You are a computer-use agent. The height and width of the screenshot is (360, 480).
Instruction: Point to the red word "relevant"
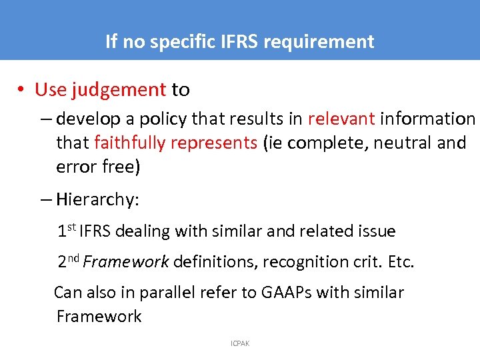pyautogui.click(x=341, y=119)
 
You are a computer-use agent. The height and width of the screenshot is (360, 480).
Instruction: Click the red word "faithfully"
pyautogui.click(x=129, y=143)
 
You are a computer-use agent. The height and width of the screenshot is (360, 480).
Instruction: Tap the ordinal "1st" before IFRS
pyautogui.click(x=67, y=231)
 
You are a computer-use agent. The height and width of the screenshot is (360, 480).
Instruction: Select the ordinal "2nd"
pyautogui.click(x=69, y=261)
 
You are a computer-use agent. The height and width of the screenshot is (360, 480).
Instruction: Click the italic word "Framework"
pyautogui.click(x=127, y=262)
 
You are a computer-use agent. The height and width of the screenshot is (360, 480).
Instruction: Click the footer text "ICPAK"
pyautogui.click(x=240, y=343)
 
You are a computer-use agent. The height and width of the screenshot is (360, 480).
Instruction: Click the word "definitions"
pyautogui.click(x=214, y=262)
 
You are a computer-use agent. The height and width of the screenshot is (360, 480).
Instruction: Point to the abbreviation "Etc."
pyautogui.click(x=401, y=262)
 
